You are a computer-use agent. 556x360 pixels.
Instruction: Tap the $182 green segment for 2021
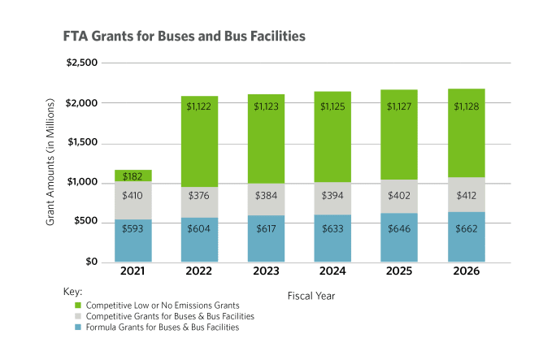point(132,176)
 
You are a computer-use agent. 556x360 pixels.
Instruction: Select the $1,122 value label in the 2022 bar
point(202,106)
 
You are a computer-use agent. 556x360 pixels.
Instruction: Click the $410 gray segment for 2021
point(132,195)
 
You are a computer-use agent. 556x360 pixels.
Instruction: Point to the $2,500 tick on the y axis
point(81,63)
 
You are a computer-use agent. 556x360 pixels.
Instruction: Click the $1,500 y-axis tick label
point(81,142)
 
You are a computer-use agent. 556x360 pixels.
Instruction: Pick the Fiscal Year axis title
point(311,296)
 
